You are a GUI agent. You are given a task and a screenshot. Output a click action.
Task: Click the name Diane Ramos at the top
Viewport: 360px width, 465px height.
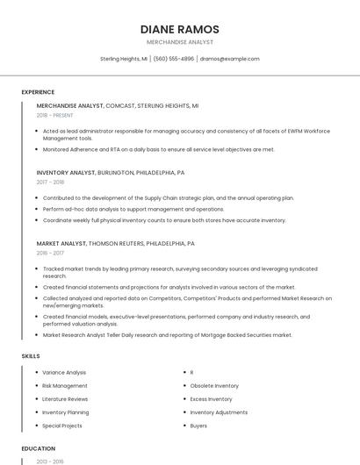point(179,29)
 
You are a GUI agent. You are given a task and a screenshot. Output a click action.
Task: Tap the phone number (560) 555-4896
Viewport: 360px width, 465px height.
point(174,59)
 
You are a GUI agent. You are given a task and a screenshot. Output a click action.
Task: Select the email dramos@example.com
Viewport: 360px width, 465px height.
point(230,59)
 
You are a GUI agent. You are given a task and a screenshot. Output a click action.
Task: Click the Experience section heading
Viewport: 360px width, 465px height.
point(38,92)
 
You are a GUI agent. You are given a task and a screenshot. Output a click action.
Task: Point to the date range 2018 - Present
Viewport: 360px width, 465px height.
point(55,115)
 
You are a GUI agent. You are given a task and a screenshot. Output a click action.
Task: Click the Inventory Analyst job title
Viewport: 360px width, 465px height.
point(66,173)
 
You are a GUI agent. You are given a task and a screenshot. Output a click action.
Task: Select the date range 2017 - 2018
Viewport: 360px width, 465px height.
point(50,182)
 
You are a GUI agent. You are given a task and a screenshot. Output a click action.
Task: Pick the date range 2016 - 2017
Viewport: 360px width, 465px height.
point(50,253)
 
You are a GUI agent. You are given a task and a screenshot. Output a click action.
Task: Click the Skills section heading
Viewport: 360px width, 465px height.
point(31,356)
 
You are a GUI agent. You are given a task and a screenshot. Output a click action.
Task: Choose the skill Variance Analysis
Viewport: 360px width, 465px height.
point(64,372)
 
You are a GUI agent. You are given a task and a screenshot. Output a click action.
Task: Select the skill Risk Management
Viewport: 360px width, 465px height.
point(65,385)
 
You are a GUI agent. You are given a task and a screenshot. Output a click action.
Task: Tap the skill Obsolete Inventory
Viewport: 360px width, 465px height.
point(214,385)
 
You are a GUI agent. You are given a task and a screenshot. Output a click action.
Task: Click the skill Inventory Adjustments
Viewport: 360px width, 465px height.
point(219,412)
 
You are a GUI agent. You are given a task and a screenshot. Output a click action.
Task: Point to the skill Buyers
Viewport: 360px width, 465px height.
point(198,426)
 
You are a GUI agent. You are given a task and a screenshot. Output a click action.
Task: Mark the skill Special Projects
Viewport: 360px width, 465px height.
point(62,426)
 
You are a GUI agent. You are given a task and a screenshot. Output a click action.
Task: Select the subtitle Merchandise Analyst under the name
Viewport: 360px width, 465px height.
point(179,42)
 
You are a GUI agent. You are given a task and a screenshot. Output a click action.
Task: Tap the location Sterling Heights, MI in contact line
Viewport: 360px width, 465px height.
point(124,59)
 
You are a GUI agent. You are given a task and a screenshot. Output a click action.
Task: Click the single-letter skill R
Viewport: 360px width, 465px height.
point(191,372)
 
